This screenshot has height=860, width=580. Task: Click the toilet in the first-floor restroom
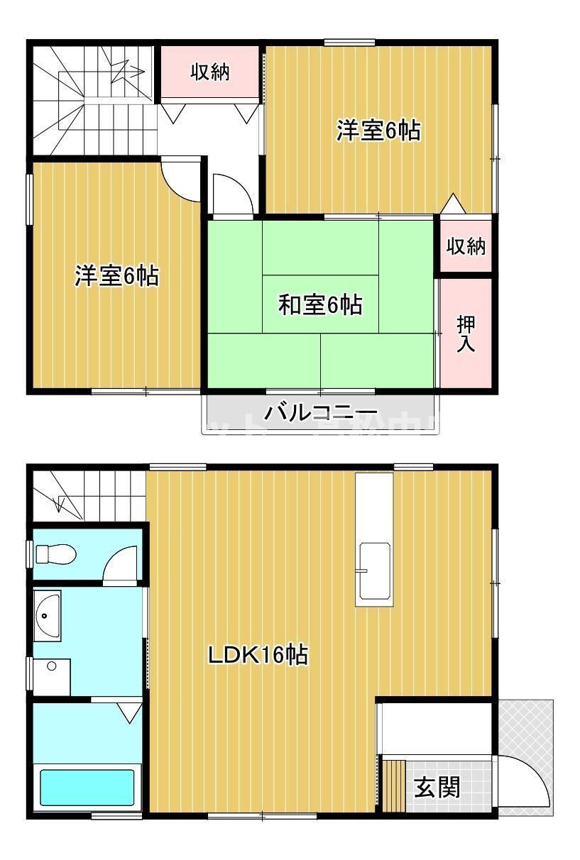[x=55, y=553]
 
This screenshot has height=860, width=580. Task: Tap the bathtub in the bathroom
[x=87, y=787]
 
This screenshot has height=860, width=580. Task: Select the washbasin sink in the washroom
[x=48, y=614]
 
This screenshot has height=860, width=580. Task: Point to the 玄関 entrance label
[x=437, y=787]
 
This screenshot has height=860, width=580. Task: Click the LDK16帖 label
[x=257, y=655]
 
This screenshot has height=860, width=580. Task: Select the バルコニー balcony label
[x=321, y=413]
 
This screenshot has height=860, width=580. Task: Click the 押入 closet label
[x=466, y=333]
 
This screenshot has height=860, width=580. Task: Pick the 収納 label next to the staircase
[x=211, y=72]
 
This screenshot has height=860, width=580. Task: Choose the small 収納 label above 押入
[x=466, y=246]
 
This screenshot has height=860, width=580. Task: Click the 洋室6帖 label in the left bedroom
[x=116, y=275]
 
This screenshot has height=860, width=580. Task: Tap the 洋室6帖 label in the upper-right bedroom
[x=378, y=131]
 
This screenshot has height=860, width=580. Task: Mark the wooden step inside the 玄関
[x=393, y=785]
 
